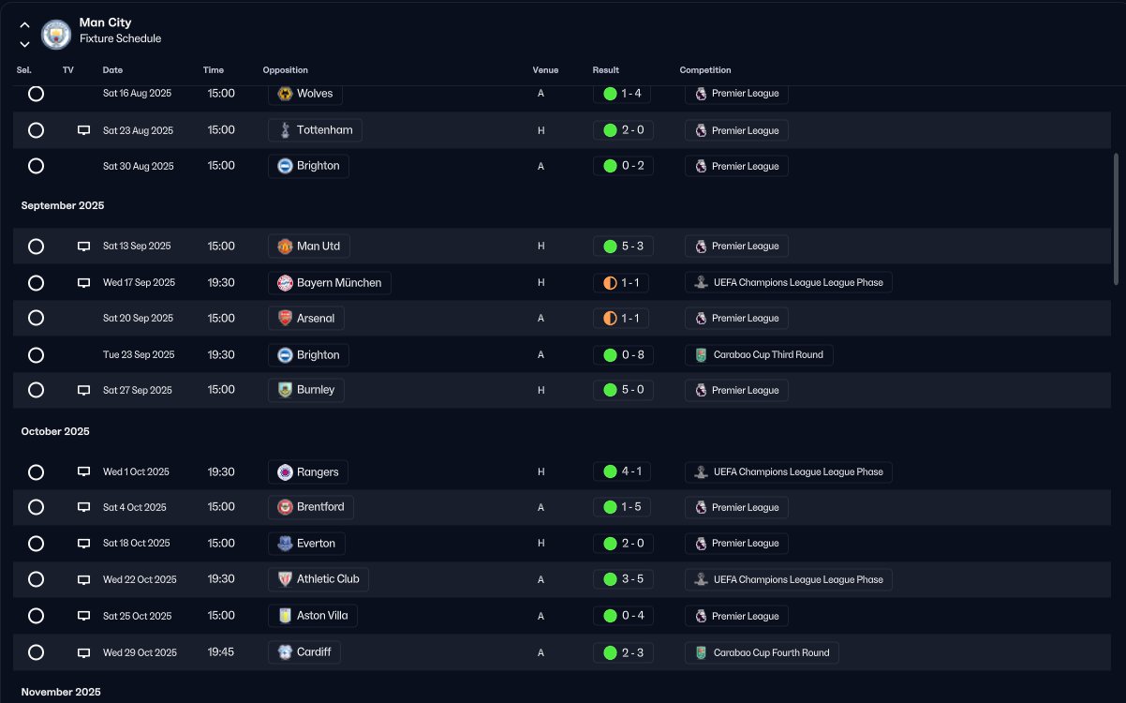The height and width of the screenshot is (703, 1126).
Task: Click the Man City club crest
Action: tap(56, 34)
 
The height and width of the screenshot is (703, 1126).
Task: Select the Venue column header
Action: tap(545, 70)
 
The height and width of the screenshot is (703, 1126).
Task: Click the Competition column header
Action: tap(705, 70)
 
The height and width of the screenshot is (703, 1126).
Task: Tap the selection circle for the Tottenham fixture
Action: tap(36, 130)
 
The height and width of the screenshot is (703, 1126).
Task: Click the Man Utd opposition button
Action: tap(309, 246)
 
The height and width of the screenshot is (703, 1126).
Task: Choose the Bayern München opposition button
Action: tap(330, 283)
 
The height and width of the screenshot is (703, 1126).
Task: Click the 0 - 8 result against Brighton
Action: tap(623, 355)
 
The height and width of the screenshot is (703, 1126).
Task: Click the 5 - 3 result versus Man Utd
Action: tap(623, 246)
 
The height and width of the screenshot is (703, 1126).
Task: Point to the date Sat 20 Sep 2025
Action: tap(138, 319)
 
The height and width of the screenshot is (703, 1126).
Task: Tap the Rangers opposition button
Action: tap(308, 472)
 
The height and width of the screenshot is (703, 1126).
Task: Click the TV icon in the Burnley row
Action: tap(84, 390)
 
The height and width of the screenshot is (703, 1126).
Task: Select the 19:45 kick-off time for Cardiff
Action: tap(221, 652)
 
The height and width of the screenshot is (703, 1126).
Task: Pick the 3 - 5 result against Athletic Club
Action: tap(623, 579)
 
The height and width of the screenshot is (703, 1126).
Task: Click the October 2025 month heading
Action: tap(55, 431)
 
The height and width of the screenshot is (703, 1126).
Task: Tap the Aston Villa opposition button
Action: tap(313, 616)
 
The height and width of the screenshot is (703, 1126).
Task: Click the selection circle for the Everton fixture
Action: tap(36, 544)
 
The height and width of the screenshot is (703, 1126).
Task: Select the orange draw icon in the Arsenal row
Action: tap(610, 319)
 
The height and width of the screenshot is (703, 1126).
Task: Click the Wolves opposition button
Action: tap(305, 94)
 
